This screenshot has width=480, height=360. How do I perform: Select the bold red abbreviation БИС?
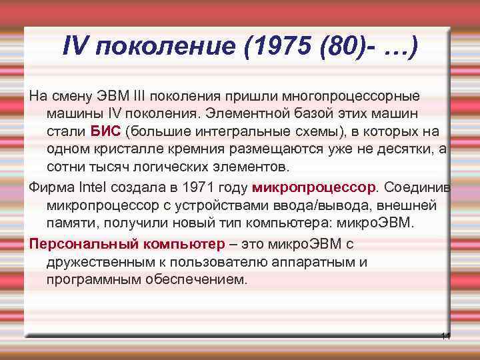pyautogui.click(x=105, y=129)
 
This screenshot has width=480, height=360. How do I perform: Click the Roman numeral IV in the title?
pyautogui.click(x=75, y=46)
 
